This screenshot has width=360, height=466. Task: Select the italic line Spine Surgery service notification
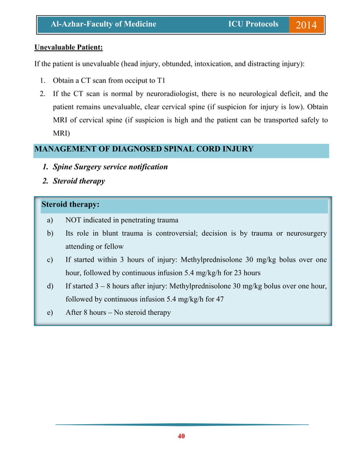[x=110, y=167]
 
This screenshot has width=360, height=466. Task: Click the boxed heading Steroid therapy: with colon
[x=71, y=204]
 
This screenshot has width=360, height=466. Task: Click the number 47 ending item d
[x=219, y=299]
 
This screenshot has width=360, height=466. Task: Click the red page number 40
[x=181, y=436]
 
